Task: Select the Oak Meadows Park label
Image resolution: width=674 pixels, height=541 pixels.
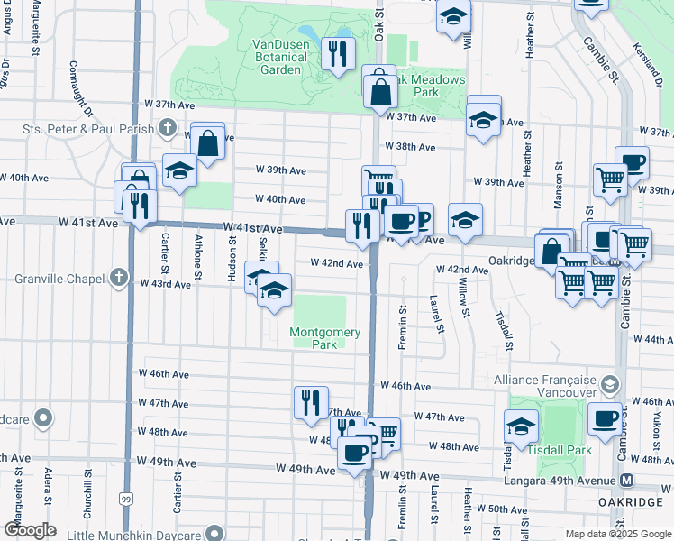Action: [x=427, y=86]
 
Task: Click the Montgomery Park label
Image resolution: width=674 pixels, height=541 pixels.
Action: [x=324, y=338]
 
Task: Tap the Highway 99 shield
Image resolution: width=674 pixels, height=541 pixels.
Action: [x=125, y=498]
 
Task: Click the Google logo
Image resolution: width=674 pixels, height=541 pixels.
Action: [x=30, y=530]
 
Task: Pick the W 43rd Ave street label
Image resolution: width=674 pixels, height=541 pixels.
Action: [x=165, y=284]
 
